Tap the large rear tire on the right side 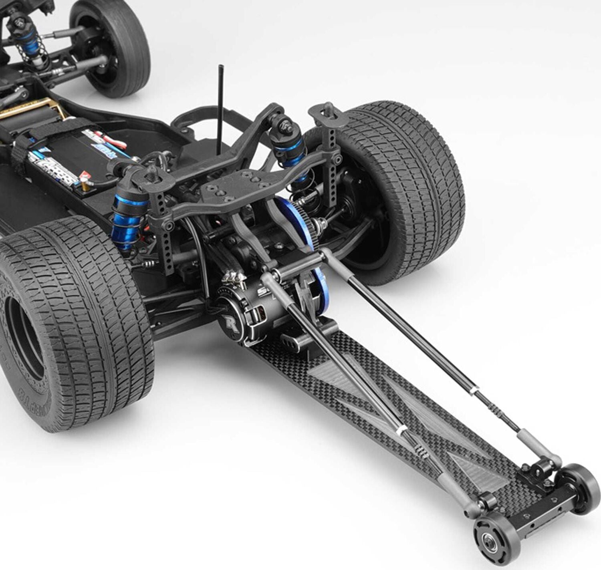click(x=405, y=188)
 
